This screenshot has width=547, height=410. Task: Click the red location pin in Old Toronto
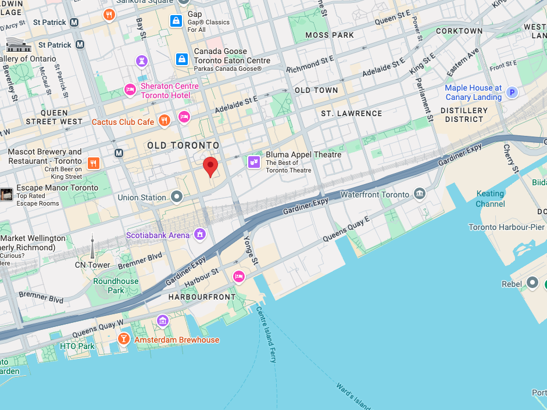pyautogui.click(x=210, y=166)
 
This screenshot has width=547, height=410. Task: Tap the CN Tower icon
pyautogui.click(x=92, y=248)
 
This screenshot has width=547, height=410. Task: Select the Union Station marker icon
pyautogui.click(x=177, y=197)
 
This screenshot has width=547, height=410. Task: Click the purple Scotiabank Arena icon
pyautogui.click(x=200, y=235)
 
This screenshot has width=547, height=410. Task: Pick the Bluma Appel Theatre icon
pyautogui.click(x=254, y=162)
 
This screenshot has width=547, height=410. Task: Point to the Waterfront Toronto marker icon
pyautogui.click(x=420, y=194)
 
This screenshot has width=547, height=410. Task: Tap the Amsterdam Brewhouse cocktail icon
pyautogui.click(x=124, y=339)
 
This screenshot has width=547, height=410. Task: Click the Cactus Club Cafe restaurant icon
pyautogui.click(x=165, y=121)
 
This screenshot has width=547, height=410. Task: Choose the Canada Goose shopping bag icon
pyautogui.click(x=182, y=59)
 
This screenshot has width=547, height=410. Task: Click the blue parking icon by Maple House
pyautogui.click(x=512, y=92)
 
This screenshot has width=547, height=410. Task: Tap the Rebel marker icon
pyautogui.click(x=532, y=283)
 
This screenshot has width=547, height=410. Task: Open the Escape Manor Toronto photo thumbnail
pyautogui.click(x=6, y=195)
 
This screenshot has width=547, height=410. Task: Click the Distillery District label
pyautogui.click(x=464, y=115)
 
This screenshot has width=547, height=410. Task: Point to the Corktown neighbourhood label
pyautogui.click(x=459, y=31)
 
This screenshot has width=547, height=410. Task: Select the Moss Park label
pyautogui.click(x=330, y=35)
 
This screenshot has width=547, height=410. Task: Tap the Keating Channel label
pyautogui.click(x=490, y=199)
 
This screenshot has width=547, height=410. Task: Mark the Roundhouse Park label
pyautogui.click(x=116, y=286)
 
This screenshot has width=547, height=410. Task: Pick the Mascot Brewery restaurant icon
pyautogui.click(x=93, y=163)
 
